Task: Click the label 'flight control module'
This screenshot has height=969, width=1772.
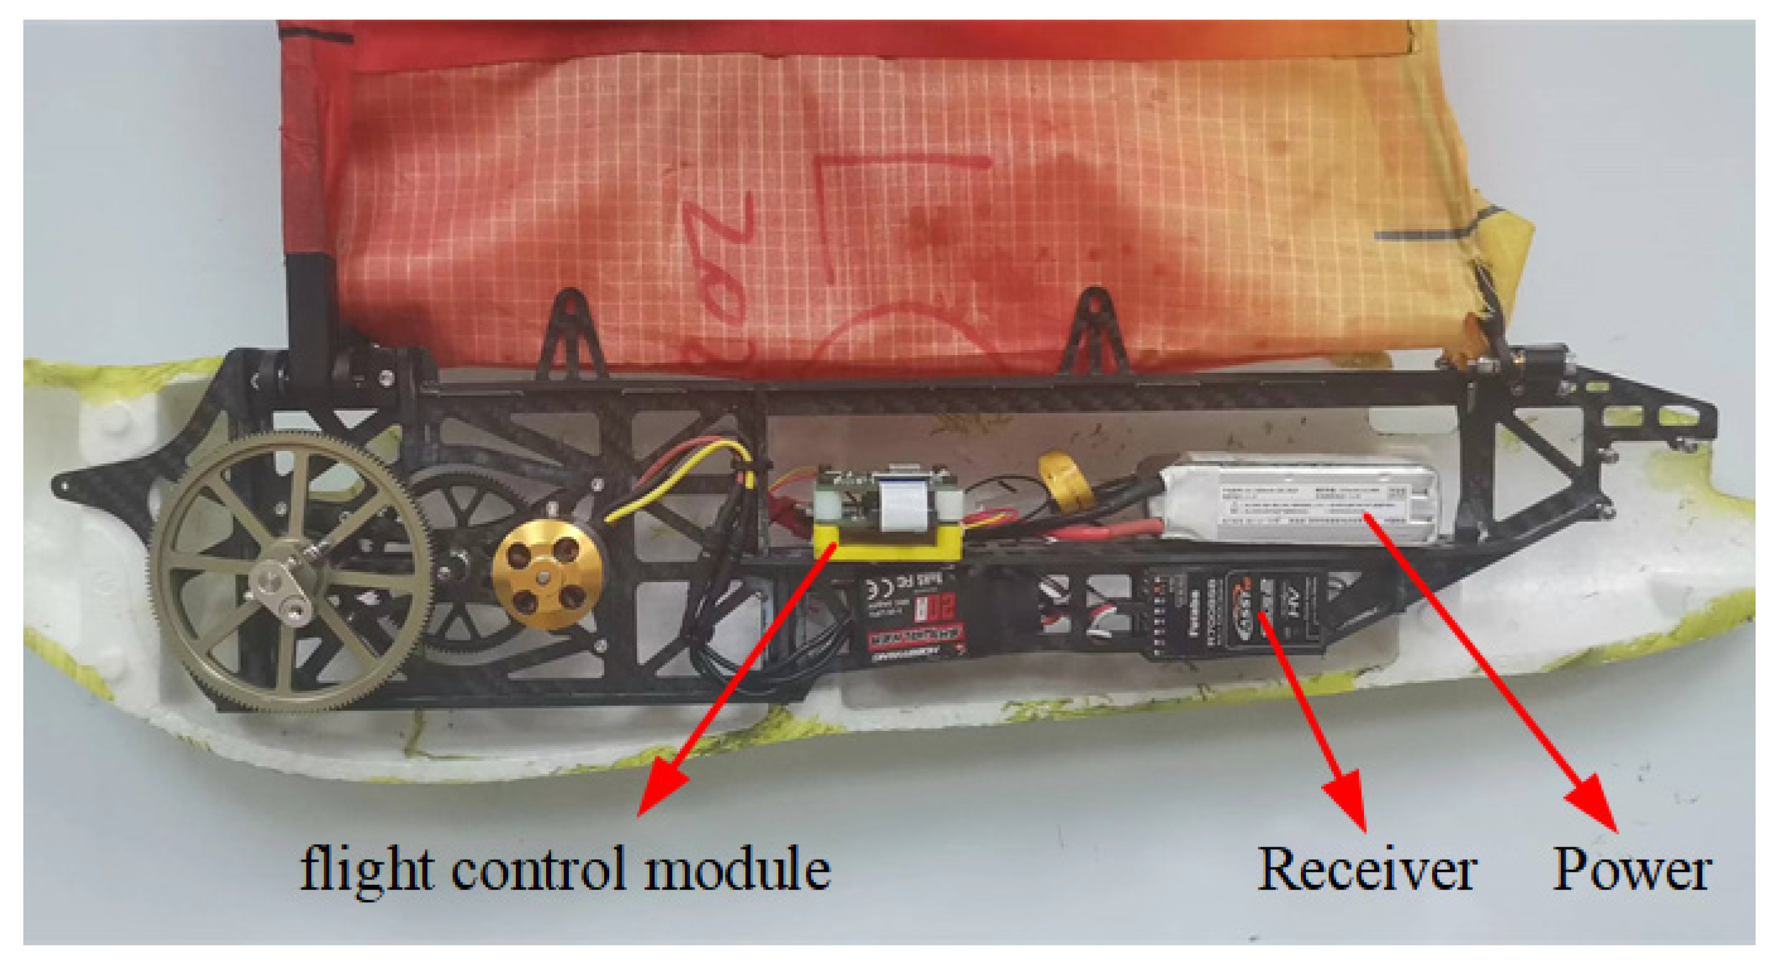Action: tap(566, 869)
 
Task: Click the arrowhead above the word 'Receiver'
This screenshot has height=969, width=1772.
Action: tap(1348, 798)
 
